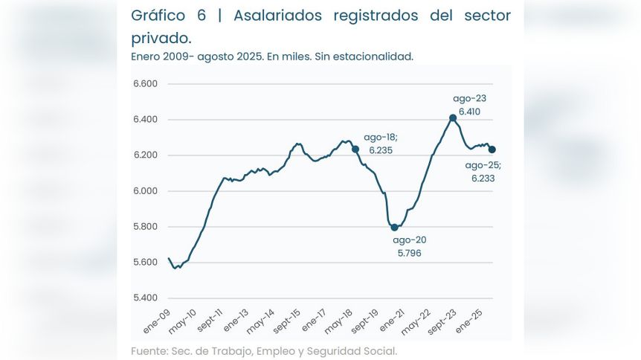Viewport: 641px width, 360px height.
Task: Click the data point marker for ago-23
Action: click(453, 118)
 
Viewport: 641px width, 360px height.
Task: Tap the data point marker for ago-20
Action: click(394, 227)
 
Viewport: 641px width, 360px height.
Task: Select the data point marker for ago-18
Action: click(355, 149)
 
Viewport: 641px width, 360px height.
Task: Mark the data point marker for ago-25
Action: click(492, 150)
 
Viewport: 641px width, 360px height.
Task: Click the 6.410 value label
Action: click(469, 112)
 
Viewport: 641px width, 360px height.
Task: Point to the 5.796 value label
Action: click(410, 252)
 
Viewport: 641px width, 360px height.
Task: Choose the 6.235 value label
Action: click(380, 150)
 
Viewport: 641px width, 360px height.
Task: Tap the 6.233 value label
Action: click(483, 179)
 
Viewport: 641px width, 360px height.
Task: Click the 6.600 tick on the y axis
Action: click(145, 84)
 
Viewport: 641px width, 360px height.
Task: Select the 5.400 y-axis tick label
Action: click(145, 298)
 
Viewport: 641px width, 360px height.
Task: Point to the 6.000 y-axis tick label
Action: click(145, 191)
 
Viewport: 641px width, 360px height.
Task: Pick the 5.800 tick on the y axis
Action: click(145, 227)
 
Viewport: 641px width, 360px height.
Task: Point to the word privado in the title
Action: click(160, 37)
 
